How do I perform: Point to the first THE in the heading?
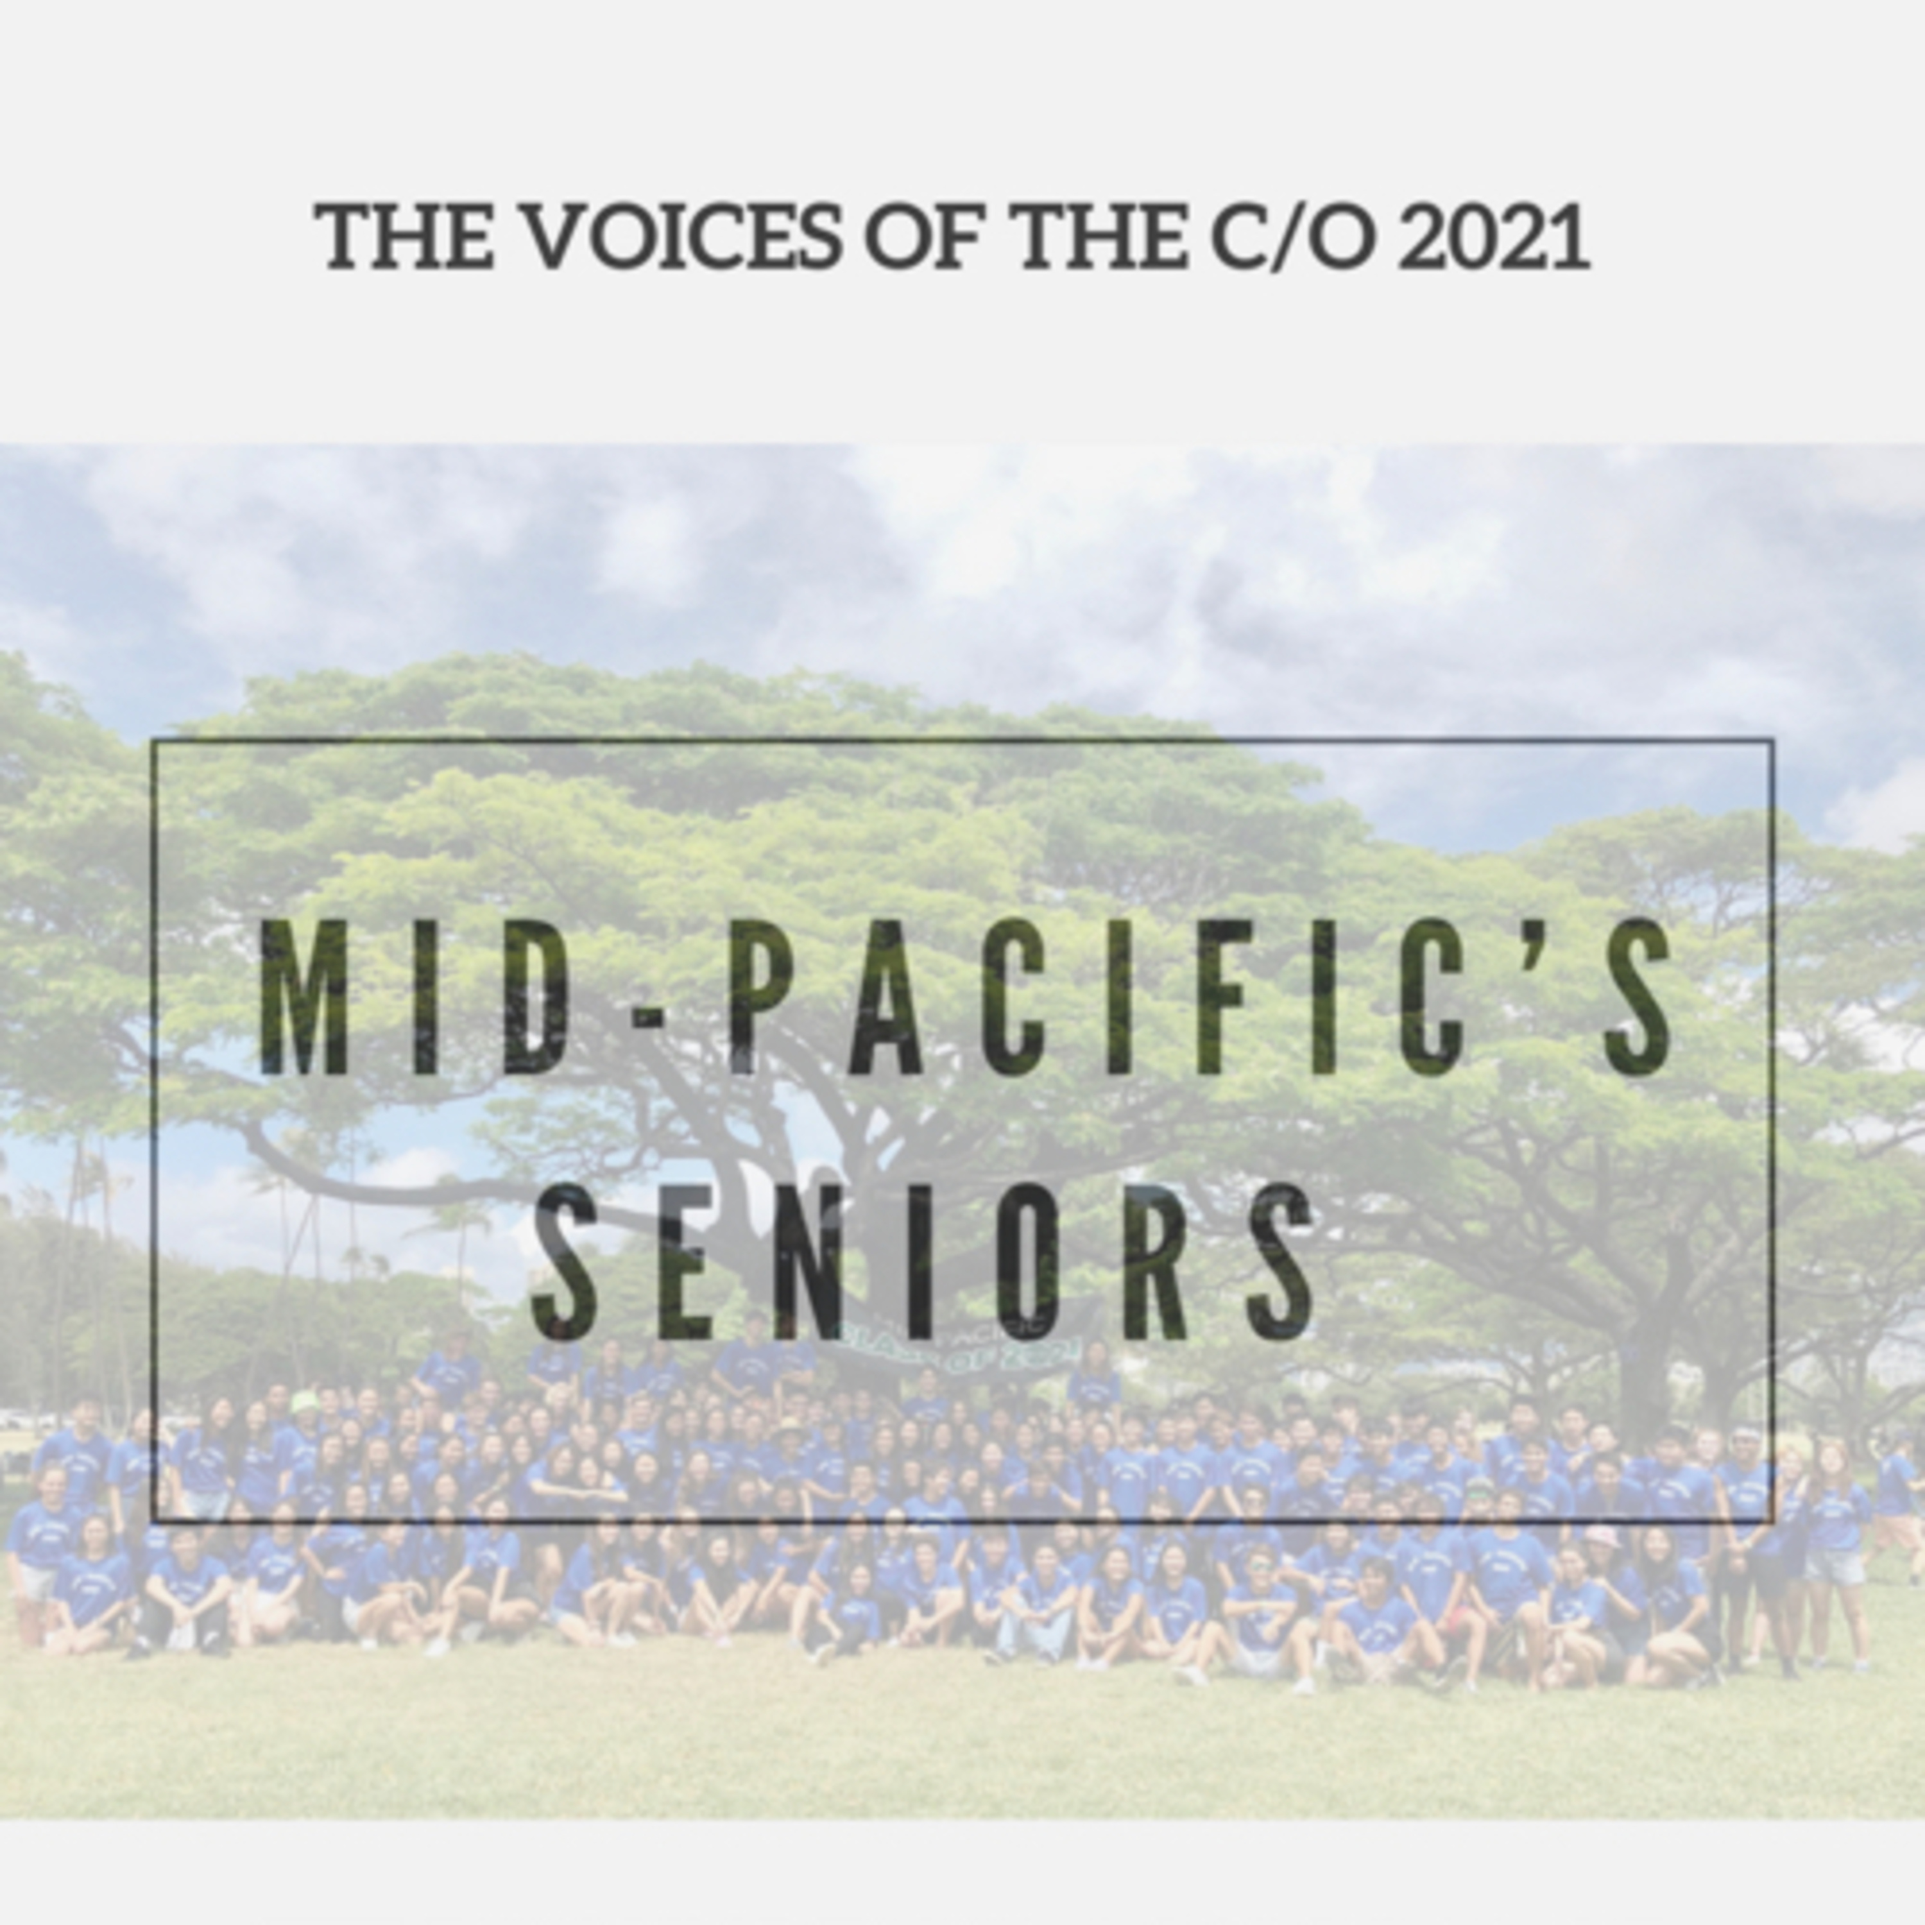pos(404,238)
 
